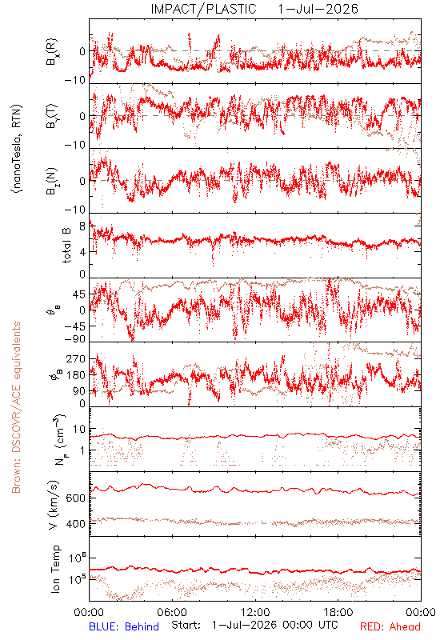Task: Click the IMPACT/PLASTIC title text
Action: [204, 9]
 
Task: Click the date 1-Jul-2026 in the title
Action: [318, 9]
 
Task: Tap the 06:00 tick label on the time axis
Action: [172, 612]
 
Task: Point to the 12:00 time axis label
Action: [255, 612]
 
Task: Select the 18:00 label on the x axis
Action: [338, 612]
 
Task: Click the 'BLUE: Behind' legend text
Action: [124, 626]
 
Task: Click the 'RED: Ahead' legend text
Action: [390, 626]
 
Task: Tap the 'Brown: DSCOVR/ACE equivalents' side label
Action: [16, 407]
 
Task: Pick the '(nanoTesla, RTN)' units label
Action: [17, 149]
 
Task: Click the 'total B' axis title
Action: [66, 245]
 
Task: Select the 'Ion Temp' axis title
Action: [55, 569]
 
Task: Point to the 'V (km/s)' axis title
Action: [54, 505]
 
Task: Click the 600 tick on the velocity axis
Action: [75, 498]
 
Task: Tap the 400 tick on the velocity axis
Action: [75, 524]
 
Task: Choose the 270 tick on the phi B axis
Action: [76, 358]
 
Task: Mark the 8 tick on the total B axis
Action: [82, 226]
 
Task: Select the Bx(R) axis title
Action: [51, 51]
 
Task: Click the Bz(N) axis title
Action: [51, 181]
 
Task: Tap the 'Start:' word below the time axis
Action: [186, 625]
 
